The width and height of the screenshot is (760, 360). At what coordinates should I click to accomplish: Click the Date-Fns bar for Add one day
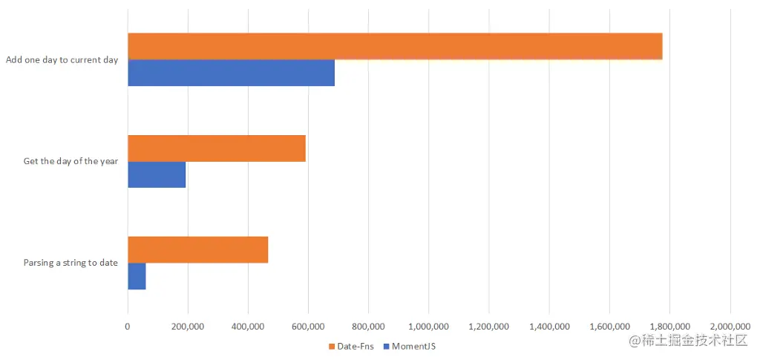(395, 46)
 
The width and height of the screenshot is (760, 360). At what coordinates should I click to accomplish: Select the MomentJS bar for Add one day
(231, 73)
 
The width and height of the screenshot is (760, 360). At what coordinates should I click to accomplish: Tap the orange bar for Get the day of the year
(217, 148)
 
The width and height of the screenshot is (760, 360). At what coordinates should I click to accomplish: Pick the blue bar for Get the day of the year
(157, 174)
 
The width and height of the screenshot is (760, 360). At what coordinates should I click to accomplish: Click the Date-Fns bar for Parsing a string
(197, 249)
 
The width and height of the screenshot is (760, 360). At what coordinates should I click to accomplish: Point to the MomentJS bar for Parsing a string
(137, 276)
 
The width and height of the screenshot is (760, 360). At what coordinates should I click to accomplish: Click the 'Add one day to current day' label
(62, 60)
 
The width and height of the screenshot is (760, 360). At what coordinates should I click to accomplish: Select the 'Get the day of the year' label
(71, 161)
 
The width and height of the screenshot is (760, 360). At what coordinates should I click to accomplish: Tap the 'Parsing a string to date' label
(71, 263)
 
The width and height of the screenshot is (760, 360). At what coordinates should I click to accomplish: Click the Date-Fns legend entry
(355, 346)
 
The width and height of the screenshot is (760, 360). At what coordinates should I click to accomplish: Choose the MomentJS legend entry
(413, 346)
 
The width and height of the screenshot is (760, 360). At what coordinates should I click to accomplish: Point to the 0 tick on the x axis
(128, 326)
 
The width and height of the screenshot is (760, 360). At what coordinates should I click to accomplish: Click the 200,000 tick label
(188, 326)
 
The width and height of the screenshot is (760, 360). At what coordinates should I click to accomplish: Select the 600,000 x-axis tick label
(308, 326)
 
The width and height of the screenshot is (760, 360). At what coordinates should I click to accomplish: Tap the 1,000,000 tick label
(428, 326)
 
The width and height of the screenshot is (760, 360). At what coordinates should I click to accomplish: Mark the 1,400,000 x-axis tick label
(548, 326)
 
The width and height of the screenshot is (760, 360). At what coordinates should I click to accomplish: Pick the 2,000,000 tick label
(730, 326)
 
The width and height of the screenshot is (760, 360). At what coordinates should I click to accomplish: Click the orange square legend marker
(331, 346)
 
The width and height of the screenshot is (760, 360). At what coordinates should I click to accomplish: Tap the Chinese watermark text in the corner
(687, 341)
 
